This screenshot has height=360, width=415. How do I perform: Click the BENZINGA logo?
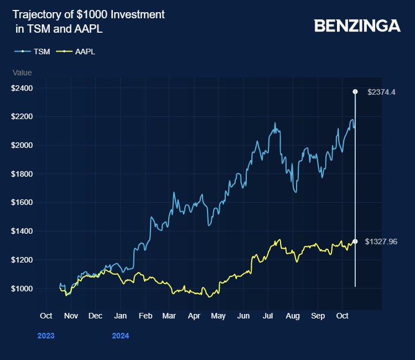click(x=357, y=25)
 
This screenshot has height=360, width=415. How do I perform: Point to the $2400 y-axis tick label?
click(x=22, y=88)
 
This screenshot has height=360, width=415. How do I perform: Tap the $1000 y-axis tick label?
click(x=22, y=289)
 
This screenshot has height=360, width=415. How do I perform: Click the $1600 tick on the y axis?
click(x=22, y=203)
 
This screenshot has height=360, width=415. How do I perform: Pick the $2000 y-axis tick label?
click(x=22, y=145)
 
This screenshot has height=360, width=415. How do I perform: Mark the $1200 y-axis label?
click(x=22, y=260)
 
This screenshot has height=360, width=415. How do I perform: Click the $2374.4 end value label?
click(x=381, y=92)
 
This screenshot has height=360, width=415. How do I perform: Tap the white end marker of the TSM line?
click(x=355, y=91)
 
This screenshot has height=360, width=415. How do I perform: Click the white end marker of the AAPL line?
click(x=355, y=241)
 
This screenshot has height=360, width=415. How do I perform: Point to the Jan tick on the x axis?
click(x=120, y=316)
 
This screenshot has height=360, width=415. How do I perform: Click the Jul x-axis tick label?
click(x=268, y=316)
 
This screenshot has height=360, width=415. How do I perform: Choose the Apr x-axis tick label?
click(x=194, y=316)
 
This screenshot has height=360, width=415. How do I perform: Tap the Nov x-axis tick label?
click(x=70, y=316)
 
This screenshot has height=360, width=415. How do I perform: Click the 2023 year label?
click(x=46, y=336)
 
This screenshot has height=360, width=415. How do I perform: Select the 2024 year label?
click(x=121, y=336)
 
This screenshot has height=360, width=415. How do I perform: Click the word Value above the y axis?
click(x=22, y=73)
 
